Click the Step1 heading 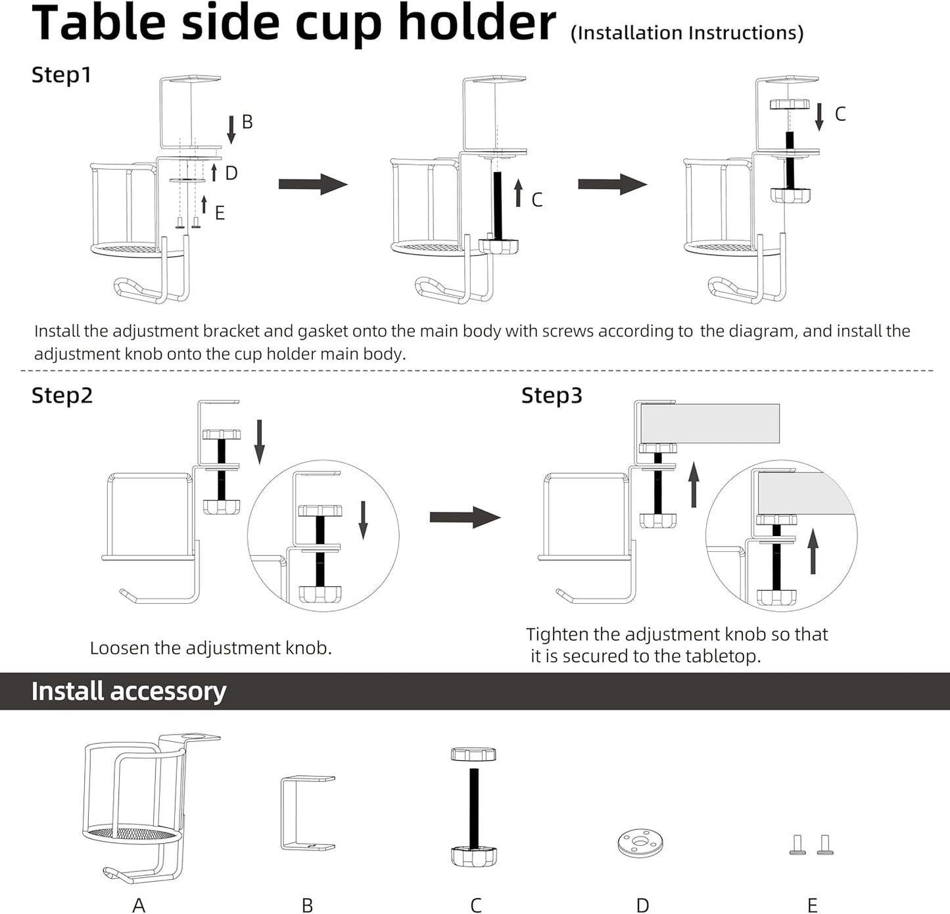click(x=61, y=75)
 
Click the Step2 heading click(x=62, y=396)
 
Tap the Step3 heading click(x=552, y=396)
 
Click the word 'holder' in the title click(x=477, y=23)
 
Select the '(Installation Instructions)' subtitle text click(x=686, y=33)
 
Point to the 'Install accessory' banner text click(x=129, y=691)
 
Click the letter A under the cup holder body click(x=139, y=905)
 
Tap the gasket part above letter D click(x=640, y=842)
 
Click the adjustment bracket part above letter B click(x=307, y=813)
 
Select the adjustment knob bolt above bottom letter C click(x=473, y=807)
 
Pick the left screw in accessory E click(x=797, y=844)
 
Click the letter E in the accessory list click(x=813, y=905)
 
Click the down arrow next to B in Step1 click(x=231, y=129)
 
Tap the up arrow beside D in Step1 click(x=214, y=173)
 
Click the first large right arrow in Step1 click(x=312, y=184)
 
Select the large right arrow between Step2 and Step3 click(x=464, y=517)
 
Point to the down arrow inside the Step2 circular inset click(x=363, y=520)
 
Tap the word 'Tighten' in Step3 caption click(x=556, y=634)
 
